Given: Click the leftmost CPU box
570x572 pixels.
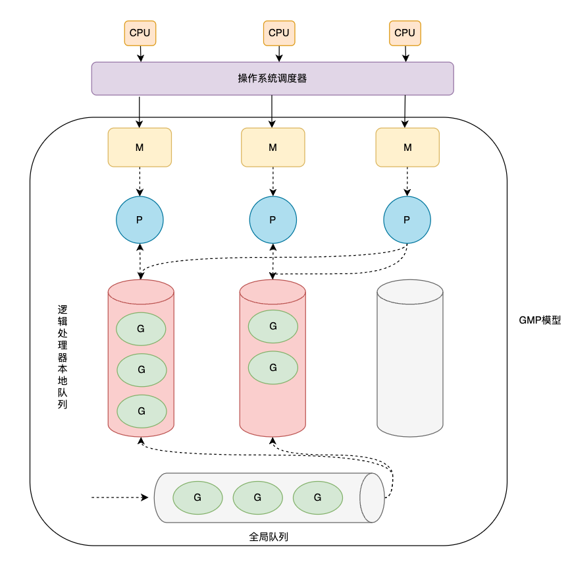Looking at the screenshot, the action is pos(140,33).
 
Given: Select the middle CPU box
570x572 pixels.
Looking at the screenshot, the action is pos(279,33).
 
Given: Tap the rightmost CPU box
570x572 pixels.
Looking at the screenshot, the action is pos(405,33).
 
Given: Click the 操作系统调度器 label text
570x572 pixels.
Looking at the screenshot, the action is pos(272,78).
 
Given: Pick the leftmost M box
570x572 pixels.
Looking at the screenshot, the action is pos(140,148).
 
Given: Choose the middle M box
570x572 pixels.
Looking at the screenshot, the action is pos(273,148).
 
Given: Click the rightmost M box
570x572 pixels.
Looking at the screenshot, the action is pos(407,148).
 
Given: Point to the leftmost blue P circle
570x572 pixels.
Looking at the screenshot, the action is pos(140,220).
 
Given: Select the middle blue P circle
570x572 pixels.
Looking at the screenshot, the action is pos(273,220).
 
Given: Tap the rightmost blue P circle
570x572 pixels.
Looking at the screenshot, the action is pos(407,220).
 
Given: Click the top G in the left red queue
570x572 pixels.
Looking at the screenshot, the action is pos(141,329).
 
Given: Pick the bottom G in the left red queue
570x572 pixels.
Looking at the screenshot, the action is pos(142,411).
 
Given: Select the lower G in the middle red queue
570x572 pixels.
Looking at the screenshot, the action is pos(273,368).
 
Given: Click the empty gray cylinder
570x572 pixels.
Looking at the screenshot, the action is pos(410,358).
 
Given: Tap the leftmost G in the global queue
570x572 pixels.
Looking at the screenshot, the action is pos(197,498).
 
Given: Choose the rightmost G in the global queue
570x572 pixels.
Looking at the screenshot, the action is pos(318,498).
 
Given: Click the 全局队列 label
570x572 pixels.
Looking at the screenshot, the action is pos(269,536).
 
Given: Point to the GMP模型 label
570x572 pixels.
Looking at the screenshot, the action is pos(540,320).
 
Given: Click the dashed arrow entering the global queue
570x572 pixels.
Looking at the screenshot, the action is pos(120,498).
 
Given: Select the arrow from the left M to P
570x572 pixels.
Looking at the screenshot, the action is pos(140,182).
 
